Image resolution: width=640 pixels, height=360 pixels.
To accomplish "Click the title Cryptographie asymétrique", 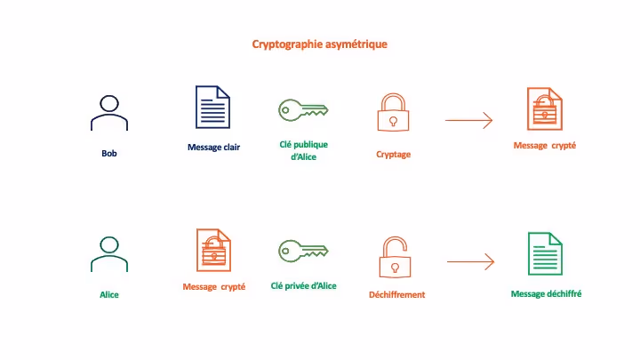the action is point(319,44).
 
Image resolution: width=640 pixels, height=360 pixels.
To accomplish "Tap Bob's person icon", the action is point(109,112).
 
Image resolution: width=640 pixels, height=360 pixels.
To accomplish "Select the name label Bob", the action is point(109,154).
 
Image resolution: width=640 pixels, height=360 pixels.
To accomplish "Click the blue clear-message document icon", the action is point(213,108).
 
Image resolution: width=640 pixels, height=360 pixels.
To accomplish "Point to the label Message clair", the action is point(214,148).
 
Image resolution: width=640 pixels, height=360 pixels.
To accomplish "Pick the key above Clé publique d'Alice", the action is point(303,110).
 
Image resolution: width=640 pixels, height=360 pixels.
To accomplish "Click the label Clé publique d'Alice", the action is point(303,150).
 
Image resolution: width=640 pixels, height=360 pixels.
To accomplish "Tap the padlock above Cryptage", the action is point(392,113).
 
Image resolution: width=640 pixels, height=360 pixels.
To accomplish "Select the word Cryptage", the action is point(393,155).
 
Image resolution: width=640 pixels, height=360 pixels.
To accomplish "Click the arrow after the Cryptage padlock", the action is point(468,120).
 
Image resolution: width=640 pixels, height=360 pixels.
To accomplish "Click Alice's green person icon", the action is point(109,253).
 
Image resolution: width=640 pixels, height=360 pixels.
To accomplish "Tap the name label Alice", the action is point(109,294).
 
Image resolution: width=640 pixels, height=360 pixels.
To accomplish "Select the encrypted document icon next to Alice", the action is point(213,250).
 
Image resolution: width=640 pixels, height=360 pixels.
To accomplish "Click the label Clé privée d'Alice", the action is point(303,286).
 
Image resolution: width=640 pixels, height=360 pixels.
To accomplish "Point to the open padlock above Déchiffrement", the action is point(394,256).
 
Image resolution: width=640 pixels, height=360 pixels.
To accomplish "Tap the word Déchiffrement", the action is point(396,294).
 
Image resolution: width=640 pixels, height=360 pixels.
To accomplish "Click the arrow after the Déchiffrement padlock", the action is point(469,261).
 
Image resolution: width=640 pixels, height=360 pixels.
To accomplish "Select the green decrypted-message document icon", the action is point(545,253).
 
